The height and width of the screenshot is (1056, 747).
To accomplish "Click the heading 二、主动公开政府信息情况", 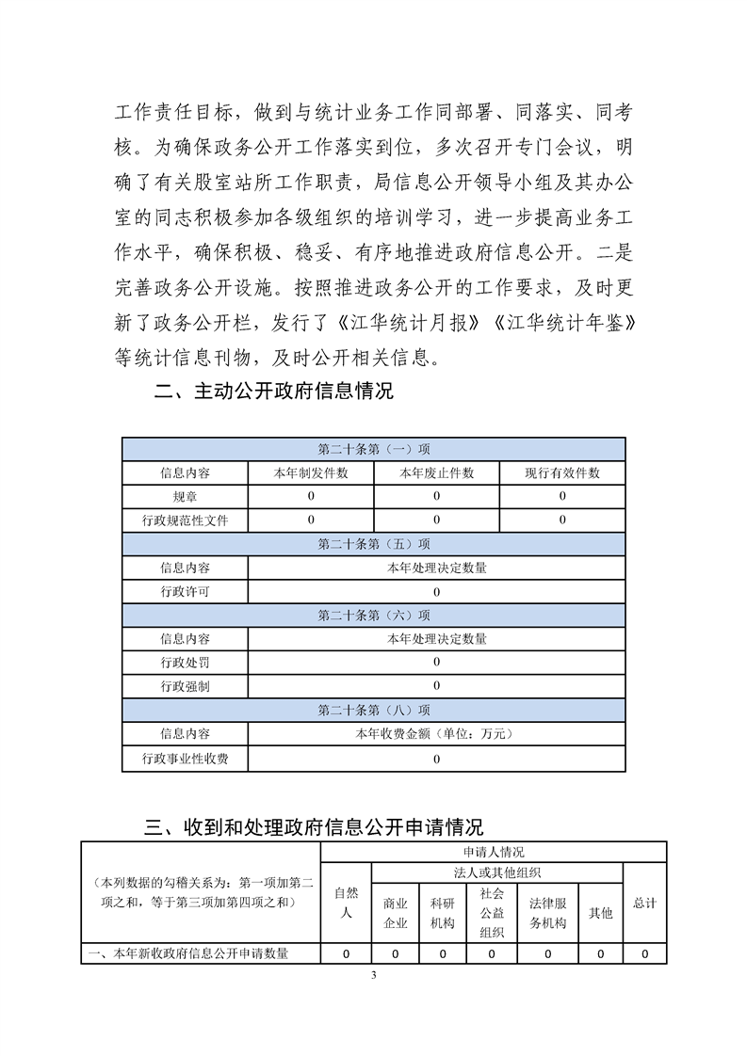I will point(273,392).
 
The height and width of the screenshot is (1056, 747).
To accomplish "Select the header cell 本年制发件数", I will point(311,472).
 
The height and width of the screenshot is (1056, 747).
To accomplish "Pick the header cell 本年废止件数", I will point(436,472).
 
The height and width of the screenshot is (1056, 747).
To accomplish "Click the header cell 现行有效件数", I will point(562,472).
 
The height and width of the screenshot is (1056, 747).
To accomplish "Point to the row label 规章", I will point(185,496).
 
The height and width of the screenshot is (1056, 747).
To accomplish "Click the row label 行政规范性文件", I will point(185,520).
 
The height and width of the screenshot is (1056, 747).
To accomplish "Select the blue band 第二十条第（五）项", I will point(373,544).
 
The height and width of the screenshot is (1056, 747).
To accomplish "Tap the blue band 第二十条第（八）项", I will point(373,710).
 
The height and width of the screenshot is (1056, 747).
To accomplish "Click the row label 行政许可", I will point(185,591).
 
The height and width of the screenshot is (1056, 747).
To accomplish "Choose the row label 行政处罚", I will point(185,663).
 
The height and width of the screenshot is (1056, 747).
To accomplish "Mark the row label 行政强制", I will point(185,686).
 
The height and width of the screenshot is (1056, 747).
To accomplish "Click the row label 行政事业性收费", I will point(185,758).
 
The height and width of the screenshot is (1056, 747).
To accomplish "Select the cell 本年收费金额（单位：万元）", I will point(436,733).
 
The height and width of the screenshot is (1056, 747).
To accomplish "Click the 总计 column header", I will point(644,903).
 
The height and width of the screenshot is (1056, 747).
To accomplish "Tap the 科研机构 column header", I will point(442,912).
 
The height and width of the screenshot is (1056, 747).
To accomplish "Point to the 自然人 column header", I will point(346,903).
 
